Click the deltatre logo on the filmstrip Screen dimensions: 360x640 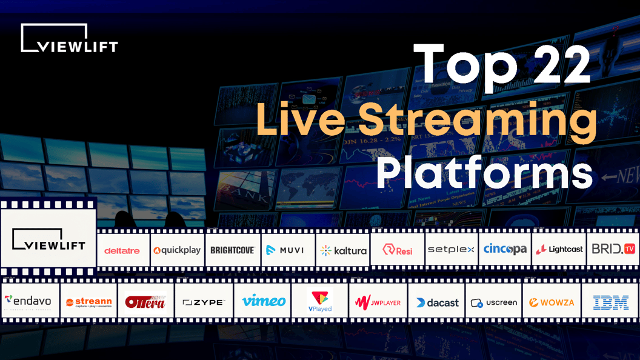pyautogui.click(x=122, y=250)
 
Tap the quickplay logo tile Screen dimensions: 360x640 pyautogui.click(x=177, y=250)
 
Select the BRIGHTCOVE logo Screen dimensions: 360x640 pyautogui.click(x=233, y=250)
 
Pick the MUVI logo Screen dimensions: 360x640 pyautogui.click(x=288, y=250)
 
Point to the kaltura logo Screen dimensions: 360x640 pyautogui.click(x=343, y=250)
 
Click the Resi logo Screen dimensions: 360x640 pyautogui.click(x=398, y=249)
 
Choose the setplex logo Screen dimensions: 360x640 pyautogui.click(x=451, y=249)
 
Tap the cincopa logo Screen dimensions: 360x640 pyautogui.click(x=505, y=249)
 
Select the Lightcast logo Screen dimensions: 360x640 pyautogui.click(x=559, y=249)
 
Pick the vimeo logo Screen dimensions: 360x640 pyautogui.click(x=264, y=301)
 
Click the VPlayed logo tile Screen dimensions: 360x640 pyautogui.click(x=320, y=301)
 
